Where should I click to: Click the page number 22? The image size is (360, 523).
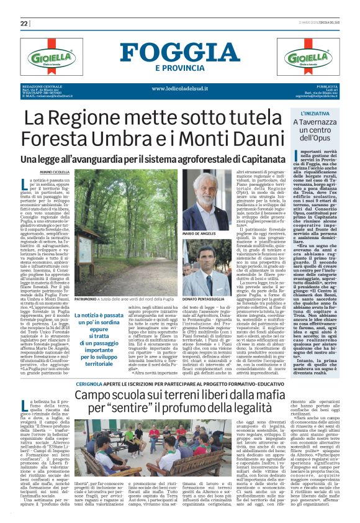point(24,23)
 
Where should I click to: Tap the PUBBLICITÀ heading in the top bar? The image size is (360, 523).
point(327,86)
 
